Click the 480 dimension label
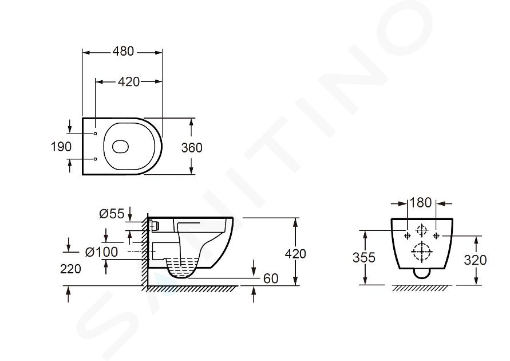[x=123, y=52]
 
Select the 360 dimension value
[x=192, y=148]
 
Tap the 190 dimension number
[x=61, y=147]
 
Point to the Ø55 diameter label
[x=112, y=214]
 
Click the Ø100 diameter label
[x=101, y=252]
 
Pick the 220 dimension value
[x=70, y=269]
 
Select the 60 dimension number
[x=271, y=278]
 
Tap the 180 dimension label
[x=421, y=203]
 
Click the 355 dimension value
[x=364, y=257]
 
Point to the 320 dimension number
[x=475, y=260]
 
